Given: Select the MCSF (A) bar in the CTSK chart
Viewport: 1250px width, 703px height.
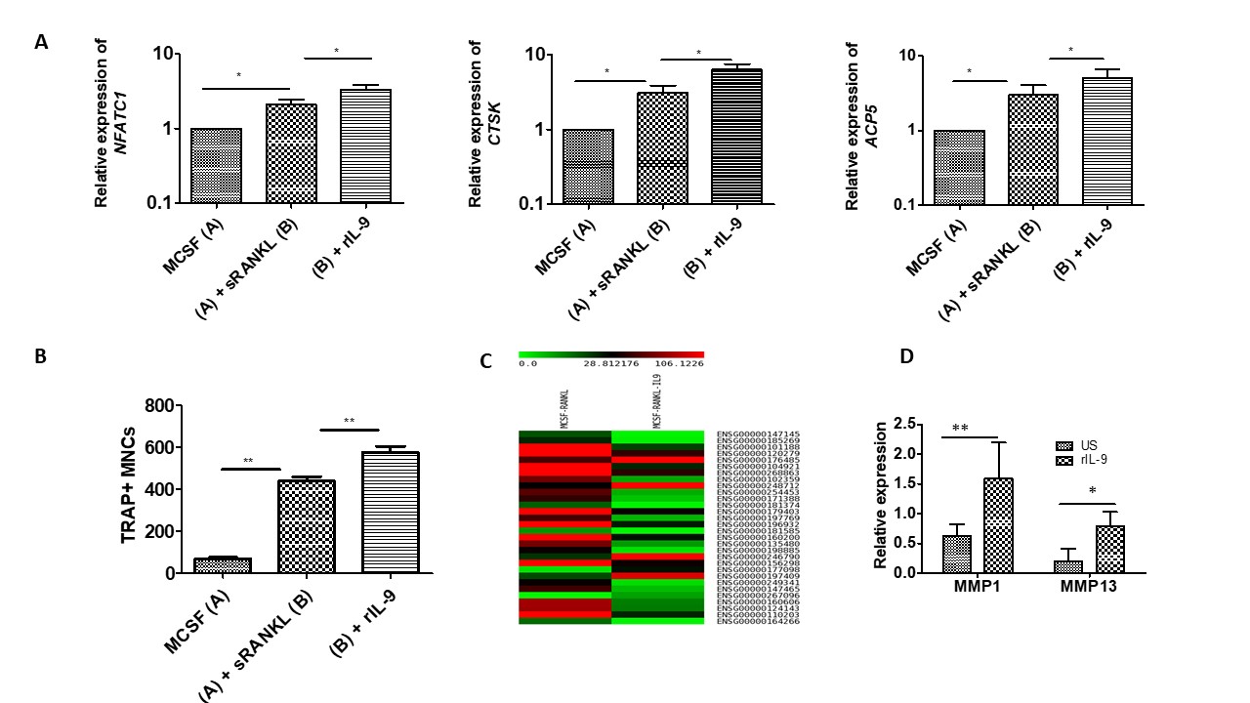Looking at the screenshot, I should [588, 166].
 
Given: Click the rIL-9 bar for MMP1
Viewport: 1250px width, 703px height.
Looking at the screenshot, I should [997, 525].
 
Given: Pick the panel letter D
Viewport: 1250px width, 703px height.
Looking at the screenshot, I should [906, 357].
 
